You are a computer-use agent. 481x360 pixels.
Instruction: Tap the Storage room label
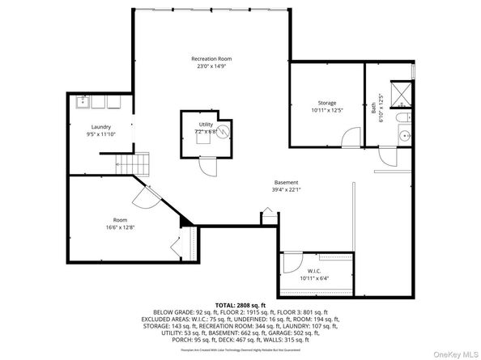(326, 103)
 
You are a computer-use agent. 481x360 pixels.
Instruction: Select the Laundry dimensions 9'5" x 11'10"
(100, 134)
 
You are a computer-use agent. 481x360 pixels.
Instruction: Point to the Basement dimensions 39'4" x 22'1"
(287, 190)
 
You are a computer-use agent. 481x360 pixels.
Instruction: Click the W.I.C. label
(315, 270)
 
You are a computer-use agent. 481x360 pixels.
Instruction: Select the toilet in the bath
(402, 121)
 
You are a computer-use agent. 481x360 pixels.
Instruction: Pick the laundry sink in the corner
(82, 103)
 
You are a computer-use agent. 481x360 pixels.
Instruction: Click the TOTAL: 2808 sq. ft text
(240, 305)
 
